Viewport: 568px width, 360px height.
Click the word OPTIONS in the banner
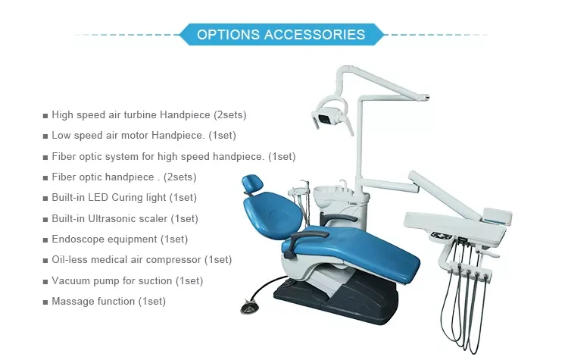click(227, 35)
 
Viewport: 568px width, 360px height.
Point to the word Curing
click(148, 198)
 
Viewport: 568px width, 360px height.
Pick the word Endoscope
click(78, 239)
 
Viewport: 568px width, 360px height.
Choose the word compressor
click(177, 260)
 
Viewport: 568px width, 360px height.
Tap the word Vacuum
click(70, 281)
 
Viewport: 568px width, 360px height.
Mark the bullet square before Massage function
click(45, 302)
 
